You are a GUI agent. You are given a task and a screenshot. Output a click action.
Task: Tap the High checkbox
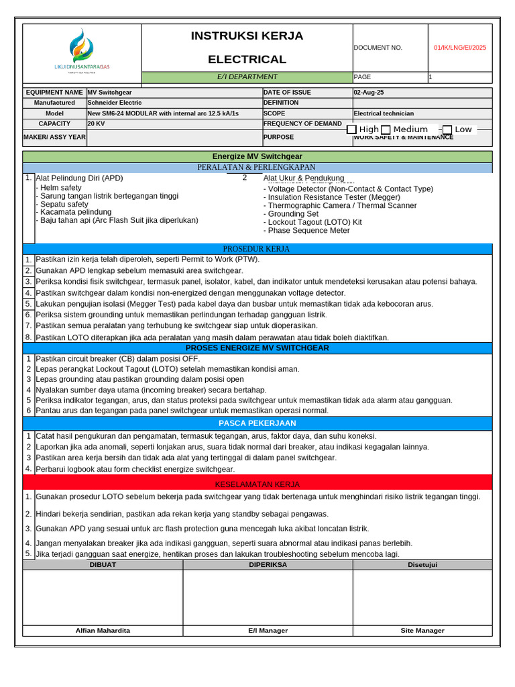[351, 129]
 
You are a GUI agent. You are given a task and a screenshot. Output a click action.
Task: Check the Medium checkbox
[386, 129]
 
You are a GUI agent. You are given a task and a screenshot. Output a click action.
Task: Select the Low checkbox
[447, 129]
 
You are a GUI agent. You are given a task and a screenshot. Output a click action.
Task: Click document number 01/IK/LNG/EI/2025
[460, 48]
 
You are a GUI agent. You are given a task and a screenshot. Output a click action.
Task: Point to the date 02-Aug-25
[369, 93]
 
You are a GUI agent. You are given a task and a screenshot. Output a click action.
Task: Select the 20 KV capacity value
[95, 124]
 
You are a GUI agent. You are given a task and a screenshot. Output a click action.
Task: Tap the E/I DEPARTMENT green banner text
[246, 76]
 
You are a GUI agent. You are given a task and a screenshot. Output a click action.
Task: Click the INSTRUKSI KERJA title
[247, 36]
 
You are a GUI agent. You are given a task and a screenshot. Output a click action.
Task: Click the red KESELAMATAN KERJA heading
[257, 484]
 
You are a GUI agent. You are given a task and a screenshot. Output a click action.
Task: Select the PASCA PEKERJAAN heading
[257, 423]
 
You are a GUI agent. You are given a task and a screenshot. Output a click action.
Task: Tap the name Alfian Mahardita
[103, 631]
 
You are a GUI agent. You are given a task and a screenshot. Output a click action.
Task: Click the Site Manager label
[422, 631]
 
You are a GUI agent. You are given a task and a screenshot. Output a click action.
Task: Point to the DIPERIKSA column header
[268, 565]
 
